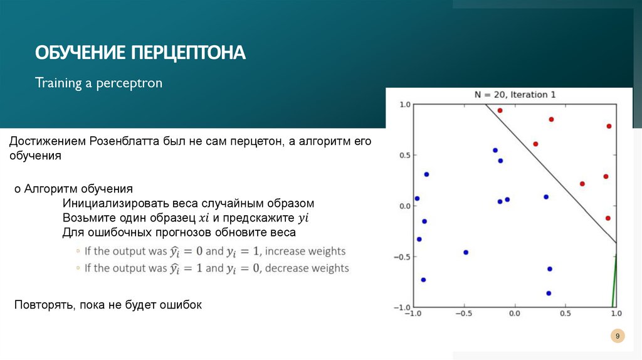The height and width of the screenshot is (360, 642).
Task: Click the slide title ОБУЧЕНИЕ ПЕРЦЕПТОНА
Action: [140, 52]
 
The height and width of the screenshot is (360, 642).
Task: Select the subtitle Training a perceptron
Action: [98, 83]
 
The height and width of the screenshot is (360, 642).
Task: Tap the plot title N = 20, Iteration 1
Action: [514, 95]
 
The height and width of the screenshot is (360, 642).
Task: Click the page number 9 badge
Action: [618, 337]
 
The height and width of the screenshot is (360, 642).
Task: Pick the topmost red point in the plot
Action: [500, 110]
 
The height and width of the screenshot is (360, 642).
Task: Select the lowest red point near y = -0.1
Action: [608, 218]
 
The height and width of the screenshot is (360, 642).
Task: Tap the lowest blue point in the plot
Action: [549, 293]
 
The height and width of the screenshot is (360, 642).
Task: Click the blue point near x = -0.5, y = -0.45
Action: [466, 252]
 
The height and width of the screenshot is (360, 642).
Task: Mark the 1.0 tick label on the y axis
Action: [404, 105]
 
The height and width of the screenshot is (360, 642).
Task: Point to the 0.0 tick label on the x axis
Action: [514, 313]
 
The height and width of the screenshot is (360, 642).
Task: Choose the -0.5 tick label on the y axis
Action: [402, 257]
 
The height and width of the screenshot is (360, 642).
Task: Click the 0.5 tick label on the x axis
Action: [565, 313]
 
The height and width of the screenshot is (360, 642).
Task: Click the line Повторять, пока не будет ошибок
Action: [108, 305]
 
